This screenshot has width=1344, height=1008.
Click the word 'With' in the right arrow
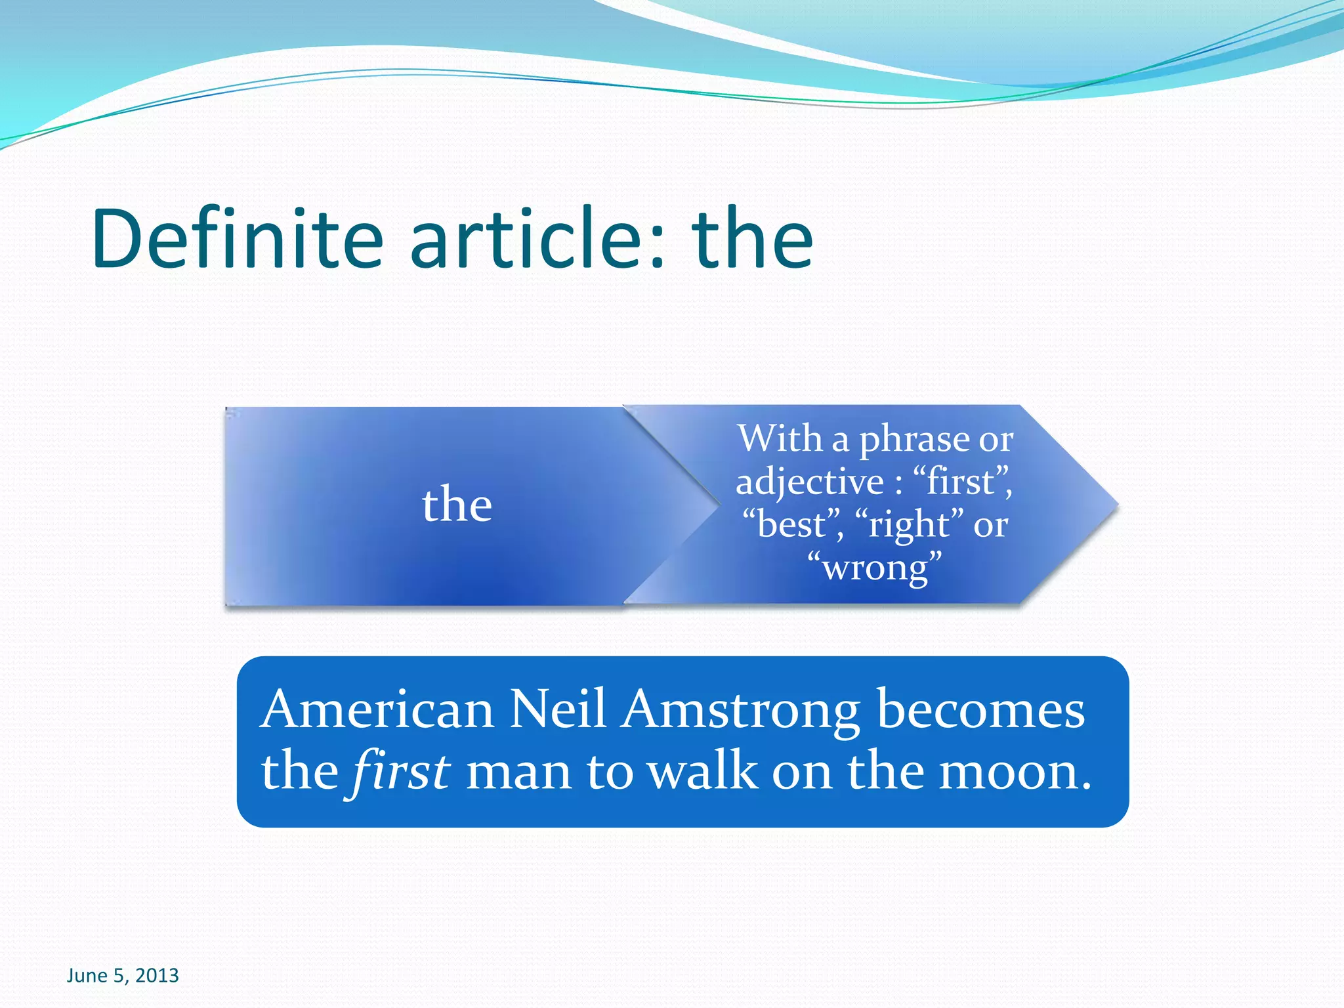tap(780, 438)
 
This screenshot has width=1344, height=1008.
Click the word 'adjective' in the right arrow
tap(810, 482)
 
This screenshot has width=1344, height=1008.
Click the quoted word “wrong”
tap(875, 568)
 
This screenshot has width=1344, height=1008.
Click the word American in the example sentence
tap(377, 709)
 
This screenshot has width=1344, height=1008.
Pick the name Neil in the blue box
tap(558, 709)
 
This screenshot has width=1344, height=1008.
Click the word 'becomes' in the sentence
tap(980, 711)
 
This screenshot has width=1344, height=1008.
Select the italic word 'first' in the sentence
tap(401, 771)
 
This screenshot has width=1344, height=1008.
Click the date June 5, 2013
tap(123, 976)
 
